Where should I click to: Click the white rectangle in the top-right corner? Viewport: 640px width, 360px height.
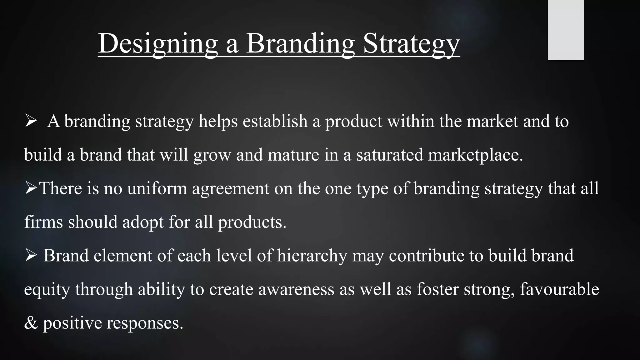pos(566,30)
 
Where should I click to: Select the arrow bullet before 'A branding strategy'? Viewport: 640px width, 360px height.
pos(31,121)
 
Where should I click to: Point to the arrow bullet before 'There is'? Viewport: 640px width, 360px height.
pos(31,188)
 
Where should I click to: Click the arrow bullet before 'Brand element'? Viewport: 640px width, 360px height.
pos(31,255)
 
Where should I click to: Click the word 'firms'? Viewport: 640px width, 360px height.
pos(43,222)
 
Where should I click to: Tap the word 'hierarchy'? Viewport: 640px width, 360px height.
pos(312,256)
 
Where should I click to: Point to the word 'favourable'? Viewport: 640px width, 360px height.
pos(559,289)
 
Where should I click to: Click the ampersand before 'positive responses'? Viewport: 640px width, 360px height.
pos(31,323)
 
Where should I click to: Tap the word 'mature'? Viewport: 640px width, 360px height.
pos(293,155)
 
